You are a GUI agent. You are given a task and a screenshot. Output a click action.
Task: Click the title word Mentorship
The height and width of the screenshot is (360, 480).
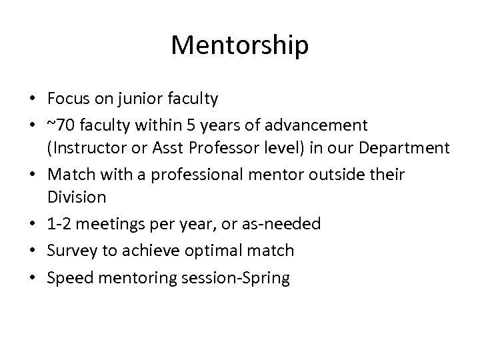click(x=239, y=45)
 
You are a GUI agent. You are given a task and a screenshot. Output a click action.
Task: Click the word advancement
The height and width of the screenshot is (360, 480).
click(x=318, y=124)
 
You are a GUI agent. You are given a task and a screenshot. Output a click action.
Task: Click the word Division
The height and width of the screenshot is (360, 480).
click(x=77, y=198)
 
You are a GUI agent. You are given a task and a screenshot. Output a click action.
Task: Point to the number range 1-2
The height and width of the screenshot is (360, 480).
click(x=59, y=223)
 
